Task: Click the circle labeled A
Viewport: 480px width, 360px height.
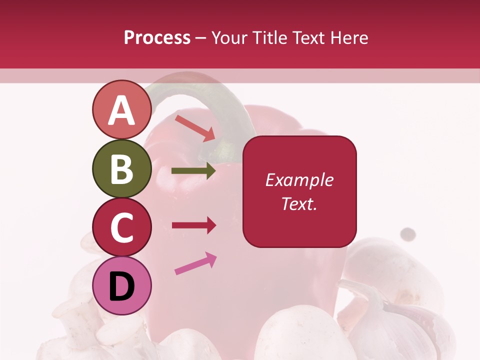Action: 122,110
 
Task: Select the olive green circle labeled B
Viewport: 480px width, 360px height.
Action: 122,169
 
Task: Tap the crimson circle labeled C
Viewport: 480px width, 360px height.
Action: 122,227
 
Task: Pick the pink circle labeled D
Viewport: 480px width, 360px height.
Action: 122,286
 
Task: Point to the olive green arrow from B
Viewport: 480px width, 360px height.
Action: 193,171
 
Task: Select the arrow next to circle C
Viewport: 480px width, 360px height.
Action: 193,225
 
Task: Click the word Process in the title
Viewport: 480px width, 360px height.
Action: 157,38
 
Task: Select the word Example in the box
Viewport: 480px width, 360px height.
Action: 299,180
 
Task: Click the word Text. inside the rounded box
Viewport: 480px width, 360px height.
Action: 299,203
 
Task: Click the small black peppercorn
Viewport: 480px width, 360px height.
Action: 408,233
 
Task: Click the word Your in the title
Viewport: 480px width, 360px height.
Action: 228,38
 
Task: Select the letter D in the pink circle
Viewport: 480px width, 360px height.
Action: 122,286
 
